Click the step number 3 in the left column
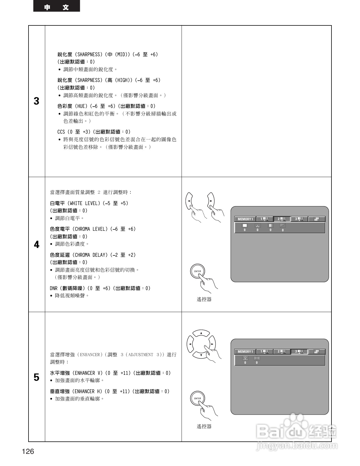coord(36,101)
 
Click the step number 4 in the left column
coord(36,245)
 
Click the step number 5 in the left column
coord(36,377)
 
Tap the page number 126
coord(28,451)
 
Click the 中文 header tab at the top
coord(56,7)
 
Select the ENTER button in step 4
coord(197,271)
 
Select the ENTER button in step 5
coord(197,398)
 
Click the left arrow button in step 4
coord(189,201)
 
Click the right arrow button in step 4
coord(211,201)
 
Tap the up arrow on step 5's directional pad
coord(201,334)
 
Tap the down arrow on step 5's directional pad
coord(201,354)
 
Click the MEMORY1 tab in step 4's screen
coord(245,219)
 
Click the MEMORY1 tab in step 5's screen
coord(245,352)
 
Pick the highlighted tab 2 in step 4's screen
coord(282,219)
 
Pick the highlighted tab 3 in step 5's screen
coord(299,352)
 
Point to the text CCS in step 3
coord(61,132)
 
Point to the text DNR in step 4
coord(54,288)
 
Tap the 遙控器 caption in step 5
coord(204,426)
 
